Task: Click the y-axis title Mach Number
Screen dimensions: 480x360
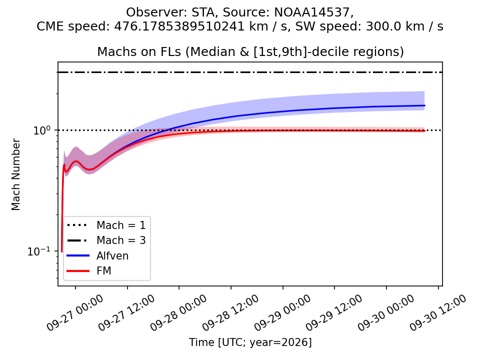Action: point(15,174)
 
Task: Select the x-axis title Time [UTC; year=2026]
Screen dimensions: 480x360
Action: point(250,342)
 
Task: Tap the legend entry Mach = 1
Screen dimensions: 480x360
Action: point(106,225)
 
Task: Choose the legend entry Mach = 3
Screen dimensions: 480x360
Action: point(106,240)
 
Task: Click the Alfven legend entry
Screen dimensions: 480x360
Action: point(97,255)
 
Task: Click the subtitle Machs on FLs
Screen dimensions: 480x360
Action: point(139,51)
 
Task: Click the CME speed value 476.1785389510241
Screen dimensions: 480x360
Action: point(179,26)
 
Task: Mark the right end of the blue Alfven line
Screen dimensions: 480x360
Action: point(425,105)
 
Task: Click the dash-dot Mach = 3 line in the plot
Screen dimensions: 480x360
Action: point(250,72)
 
